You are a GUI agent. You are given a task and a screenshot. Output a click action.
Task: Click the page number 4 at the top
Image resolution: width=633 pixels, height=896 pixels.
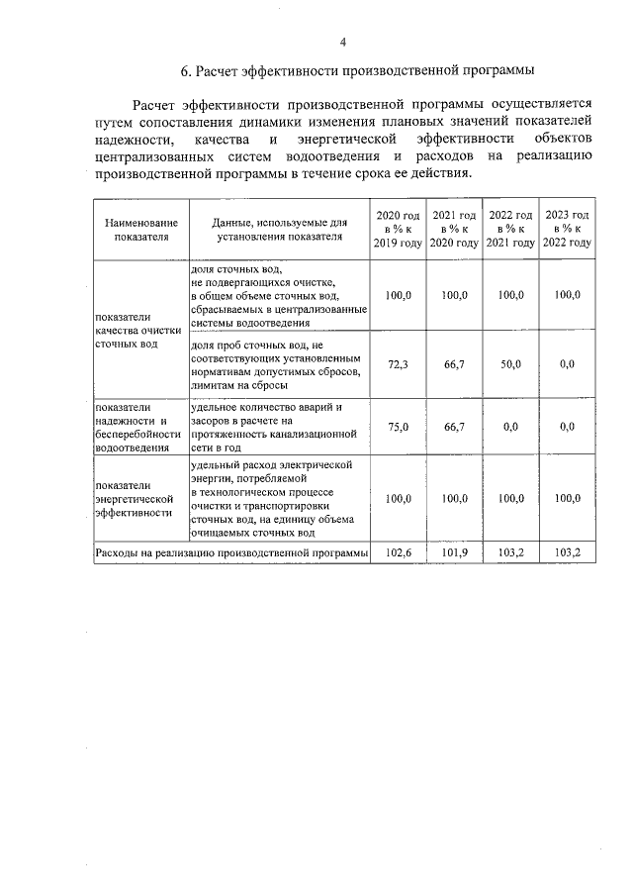tap(343, 43)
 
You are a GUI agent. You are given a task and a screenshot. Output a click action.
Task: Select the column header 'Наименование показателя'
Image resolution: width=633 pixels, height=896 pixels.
tap(141, 230)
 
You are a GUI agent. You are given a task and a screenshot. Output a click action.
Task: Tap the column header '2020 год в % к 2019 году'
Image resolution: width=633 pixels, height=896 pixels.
tap(398, 229)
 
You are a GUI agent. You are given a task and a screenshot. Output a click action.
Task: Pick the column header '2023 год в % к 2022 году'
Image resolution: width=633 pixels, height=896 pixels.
tap(568, 229)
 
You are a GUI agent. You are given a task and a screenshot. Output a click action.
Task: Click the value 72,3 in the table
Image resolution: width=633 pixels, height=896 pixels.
tap(398, 364)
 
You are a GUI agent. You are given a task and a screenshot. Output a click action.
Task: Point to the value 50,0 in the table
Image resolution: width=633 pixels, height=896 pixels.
tap(510, 364)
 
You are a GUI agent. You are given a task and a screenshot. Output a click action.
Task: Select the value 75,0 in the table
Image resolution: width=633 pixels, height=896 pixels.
tap(398, 427)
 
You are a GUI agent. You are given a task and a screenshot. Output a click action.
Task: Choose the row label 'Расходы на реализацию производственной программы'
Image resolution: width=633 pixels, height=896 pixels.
tap(230, 552)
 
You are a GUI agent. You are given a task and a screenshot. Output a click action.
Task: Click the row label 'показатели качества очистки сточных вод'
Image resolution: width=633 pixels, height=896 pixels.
tap(139, 329)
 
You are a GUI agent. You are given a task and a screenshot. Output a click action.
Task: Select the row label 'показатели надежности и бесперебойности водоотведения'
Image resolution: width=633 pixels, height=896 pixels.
tap(139, 427)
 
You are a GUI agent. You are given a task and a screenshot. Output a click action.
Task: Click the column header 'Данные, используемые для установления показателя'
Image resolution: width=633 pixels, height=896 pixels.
tap(279, 230)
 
